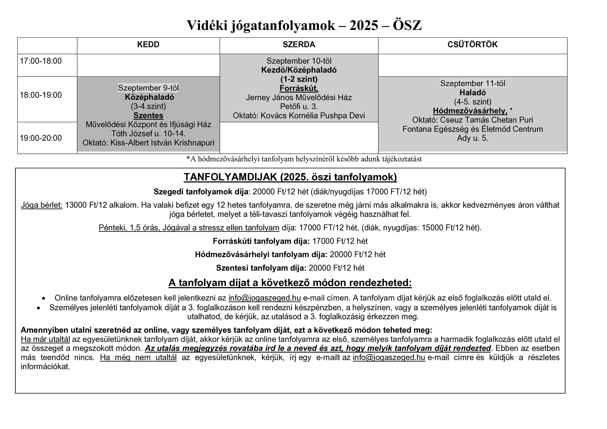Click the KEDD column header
coord(148,44)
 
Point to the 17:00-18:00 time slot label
coord(41,61)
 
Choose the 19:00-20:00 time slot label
coord(41,138)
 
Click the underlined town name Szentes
coord(148,116)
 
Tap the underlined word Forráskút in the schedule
coord(299,88)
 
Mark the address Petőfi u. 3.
coord(299,107)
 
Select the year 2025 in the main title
coord(364,26)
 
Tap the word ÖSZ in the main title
coord(407,26)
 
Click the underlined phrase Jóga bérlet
coord(42,205)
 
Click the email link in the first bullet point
coord(264,298)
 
